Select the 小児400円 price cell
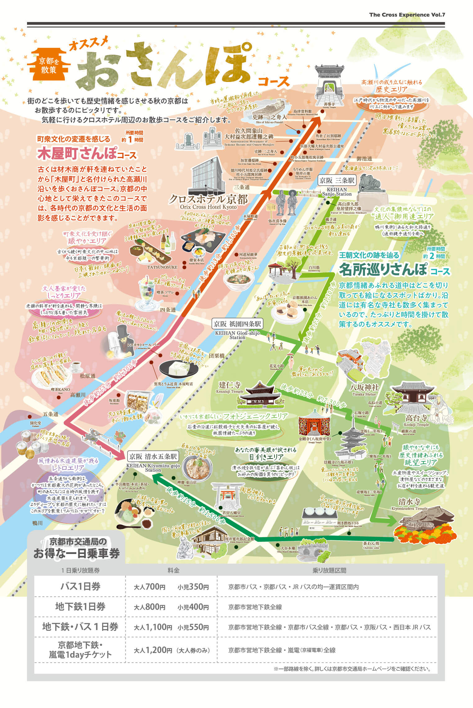(193, 607)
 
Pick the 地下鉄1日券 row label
(80, 607)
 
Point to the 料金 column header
(173, 570)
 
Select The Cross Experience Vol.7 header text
(407, 15)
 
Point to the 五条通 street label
(51, 414)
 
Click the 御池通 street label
(364, 159)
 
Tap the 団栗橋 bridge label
(216, 356)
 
